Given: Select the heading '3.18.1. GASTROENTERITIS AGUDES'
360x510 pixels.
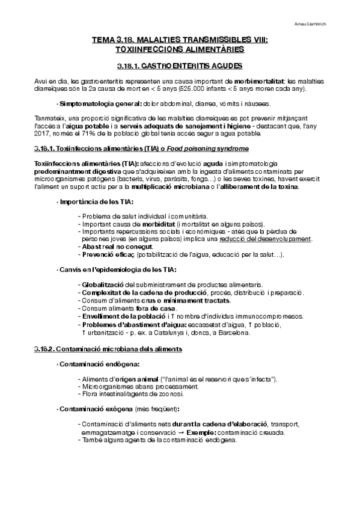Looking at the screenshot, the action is (180, 65).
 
